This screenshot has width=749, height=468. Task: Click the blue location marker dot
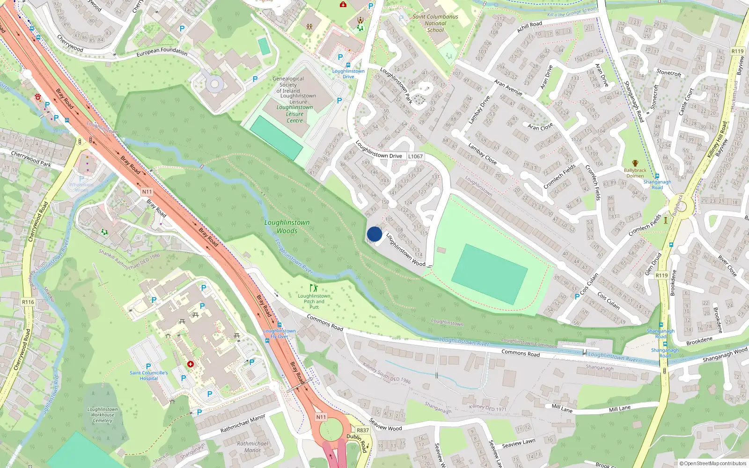click(x=374, y=234)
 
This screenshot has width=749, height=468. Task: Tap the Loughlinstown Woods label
click(x=287, y=227)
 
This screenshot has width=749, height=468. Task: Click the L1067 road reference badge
click(x=415, y=156)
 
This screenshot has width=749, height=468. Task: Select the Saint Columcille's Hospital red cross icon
click(x=191, y=364)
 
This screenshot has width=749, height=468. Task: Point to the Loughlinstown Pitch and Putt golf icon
click(x=314, y=288)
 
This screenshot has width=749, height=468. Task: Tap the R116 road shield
click(x=28, y=302)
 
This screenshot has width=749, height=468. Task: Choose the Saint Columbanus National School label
click(x=435, y=23)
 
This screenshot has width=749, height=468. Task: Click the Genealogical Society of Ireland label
click(x=288, y=85)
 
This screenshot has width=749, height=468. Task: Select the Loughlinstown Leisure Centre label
click(x=295, y=114)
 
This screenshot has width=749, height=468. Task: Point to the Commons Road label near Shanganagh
click(x=521, y=353)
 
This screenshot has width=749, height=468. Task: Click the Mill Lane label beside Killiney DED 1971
click(x=562, y=408)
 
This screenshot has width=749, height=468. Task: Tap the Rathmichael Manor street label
click(x=242, y=424)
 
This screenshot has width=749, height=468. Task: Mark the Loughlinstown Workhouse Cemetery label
click(x=103, y=415)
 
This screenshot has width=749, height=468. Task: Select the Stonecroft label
click(x=668, y=73)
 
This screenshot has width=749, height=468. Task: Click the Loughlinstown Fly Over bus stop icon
click(x=279, y=325)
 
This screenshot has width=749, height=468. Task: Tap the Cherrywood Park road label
click(x=31, y=159)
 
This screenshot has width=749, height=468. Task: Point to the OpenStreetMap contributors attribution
click(x=713, y=463)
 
